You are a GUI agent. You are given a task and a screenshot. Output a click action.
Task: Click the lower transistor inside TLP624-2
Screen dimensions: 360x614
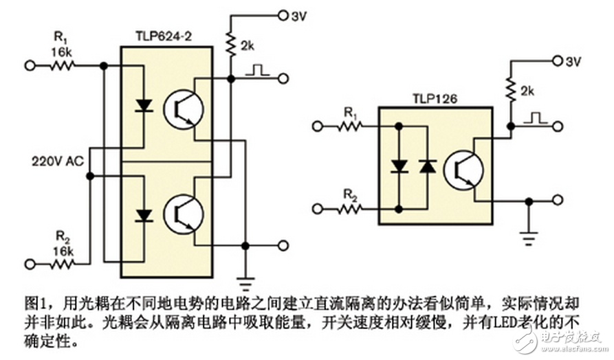[x=183, y=214]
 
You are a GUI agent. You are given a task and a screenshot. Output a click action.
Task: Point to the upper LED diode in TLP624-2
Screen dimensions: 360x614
[x=143, y=106]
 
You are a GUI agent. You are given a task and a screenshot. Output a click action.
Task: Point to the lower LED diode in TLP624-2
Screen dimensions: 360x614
[x=143, y=215]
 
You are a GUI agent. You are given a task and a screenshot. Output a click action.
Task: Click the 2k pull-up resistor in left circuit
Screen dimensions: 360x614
[x=230, y=45]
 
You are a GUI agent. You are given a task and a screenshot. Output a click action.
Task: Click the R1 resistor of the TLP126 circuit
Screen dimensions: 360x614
[x=348, y=125]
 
